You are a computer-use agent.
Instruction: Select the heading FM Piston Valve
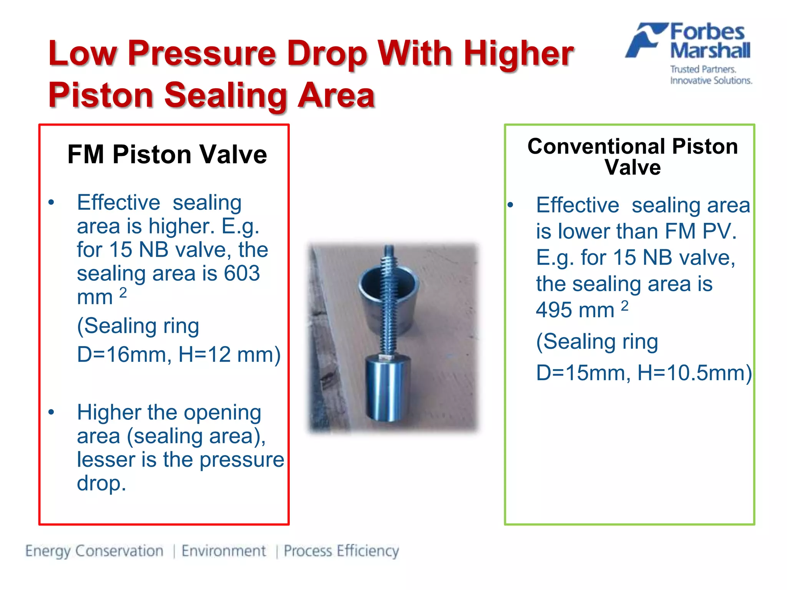pyautogui.click(x=167, y=154)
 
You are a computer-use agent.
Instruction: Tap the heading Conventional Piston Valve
pyautogui.click(x=633, y=157)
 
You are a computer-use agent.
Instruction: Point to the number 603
pyautogui.click(x=242, y=273)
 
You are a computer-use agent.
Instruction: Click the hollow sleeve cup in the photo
pyautogui.click(x=388, y=303)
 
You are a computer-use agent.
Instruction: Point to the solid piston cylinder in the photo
pyautogui.click(x=387, y=388)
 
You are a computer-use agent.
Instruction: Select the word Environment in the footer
pyautogui.click(x=224, y=551)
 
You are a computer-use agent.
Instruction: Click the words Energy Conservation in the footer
pyautogui.click(x=95, y=551)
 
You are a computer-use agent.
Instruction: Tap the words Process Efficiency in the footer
pyautogui.click(x=341, y=551)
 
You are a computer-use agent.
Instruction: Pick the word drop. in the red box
pyautogui.click(x=101, y=483)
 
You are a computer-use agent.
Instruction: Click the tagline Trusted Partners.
pyautogui.click(x=703, y=70)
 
